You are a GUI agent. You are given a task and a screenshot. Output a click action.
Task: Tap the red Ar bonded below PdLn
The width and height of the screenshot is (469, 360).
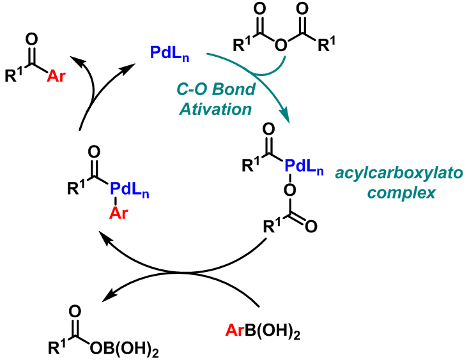click(x=116, y=213)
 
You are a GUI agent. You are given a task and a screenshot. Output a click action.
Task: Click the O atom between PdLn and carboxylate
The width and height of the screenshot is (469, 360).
click(x=289, y=189)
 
